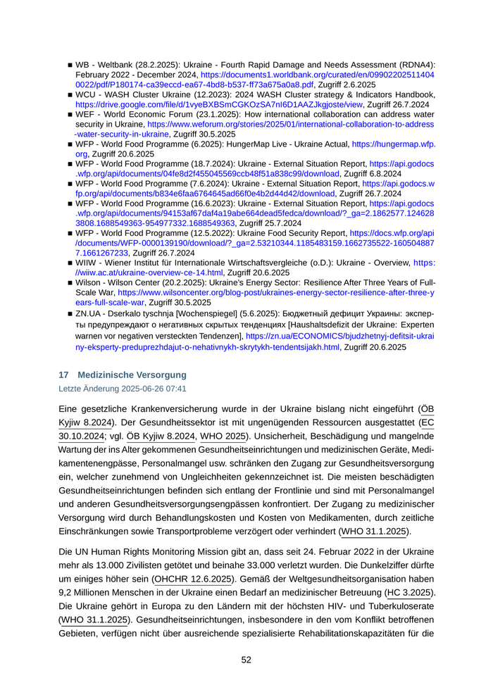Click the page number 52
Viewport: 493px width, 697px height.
tap(246, 660)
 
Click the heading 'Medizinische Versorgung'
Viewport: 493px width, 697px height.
tap(132, 375)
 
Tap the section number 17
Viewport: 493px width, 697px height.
tap(63, 375)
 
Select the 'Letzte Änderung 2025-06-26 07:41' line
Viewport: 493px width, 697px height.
tap(122, 389)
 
